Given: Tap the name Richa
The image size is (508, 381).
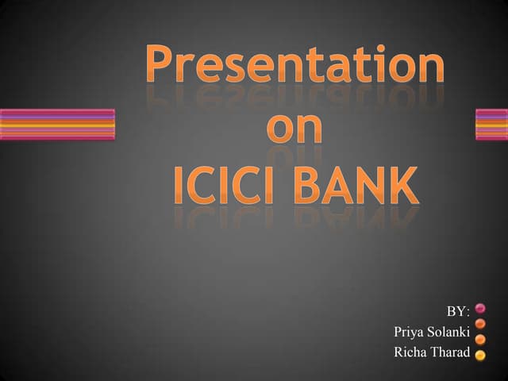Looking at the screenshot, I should click(411, 352).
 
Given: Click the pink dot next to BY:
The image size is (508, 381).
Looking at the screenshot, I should click(480, 308).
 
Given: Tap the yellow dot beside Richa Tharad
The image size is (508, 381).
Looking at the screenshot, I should click(480, 355).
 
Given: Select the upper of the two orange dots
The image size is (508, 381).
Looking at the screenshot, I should click(480, 323).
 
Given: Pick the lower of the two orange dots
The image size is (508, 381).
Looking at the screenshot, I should click(480, 339).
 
